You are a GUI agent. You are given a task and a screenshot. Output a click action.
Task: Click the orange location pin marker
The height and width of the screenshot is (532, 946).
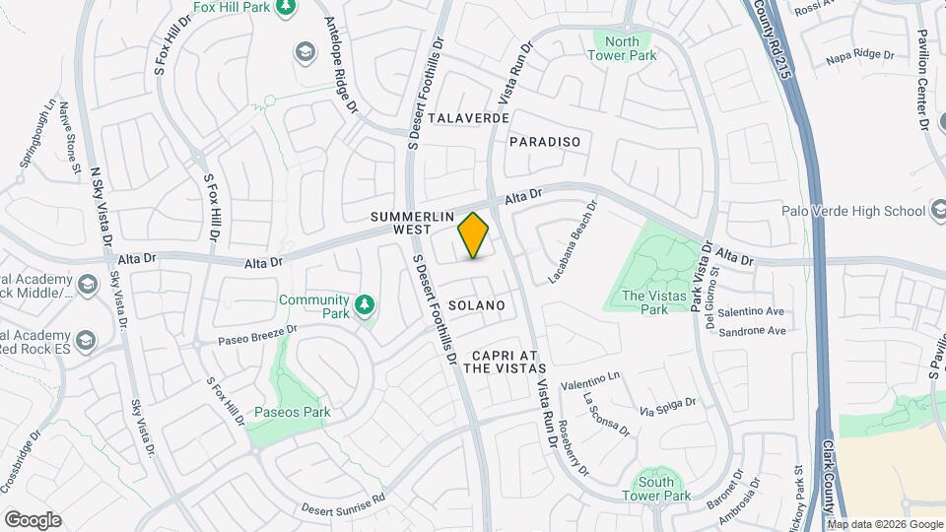point(474,234)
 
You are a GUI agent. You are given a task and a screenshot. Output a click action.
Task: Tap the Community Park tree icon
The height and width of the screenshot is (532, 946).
point(365,303)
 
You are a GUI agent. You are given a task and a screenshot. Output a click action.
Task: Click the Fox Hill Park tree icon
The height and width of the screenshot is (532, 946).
point(286,8)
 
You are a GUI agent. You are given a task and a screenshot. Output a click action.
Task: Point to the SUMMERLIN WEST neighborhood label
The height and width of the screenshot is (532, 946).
point(401,222)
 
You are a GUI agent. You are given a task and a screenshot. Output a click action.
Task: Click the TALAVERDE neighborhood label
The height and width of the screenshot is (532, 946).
point(469,117)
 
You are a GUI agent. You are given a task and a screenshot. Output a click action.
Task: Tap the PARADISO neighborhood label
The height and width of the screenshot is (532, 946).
point(545,142)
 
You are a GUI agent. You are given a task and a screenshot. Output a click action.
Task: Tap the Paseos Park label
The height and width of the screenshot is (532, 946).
point(292,412)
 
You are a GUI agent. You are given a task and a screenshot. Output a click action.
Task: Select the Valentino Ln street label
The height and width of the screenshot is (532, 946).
point(591,380)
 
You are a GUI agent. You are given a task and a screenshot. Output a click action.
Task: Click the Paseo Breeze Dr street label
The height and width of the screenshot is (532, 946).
point(258,336)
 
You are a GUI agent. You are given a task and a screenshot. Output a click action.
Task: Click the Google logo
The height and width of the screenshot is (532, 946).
point(33,520)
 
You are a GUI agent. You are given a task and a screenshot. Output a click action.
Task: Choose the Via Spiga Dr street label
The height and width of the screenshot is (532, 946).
point(668,405)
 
